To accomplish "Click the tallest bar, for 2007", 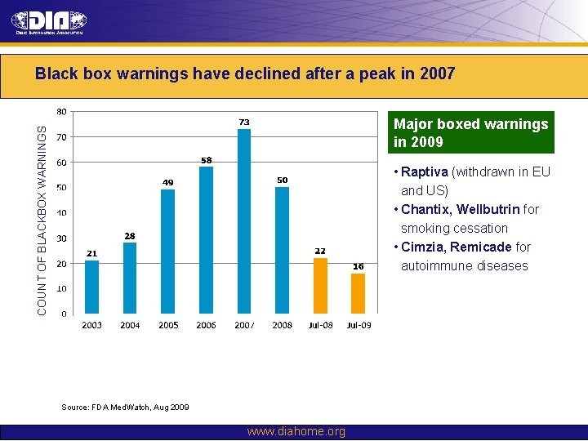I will point(244,220).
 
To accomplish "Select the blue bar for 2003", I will point(92,287).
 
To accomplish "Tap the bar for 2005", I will point(168,251).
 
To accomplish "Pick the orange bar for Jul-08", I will point(320,285).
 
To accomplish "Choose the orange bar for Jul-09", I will point(359,293).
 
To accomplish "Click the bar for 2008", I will point(282,250).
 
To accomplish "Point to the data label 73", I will point(244,122).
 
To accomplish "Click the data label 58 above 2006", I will point(207,160).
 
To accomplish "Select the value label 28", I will point(130,236).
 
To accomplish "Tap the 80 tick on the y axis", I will point(61,112).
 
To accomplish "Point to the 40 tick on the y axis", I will point(61,213).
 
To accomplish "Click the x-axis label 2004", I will point(130,325).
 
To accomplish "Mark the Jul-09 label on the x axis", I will point(359,325).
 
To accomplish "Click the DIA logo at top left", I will point(49,23).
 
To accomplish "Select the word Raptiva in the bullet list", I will point(425,172).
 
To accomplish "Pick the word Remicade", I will point(481,247).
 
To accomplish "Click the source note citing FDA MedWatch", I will point(125,407).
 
